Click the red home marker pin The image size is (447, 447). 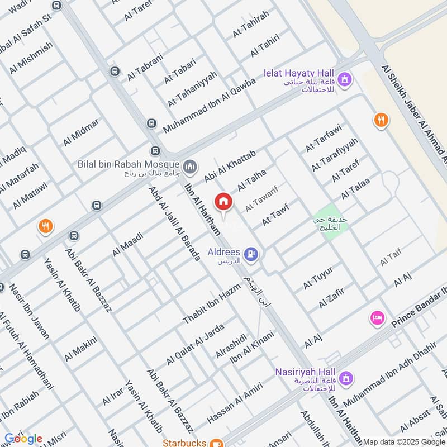click(x=223, y=202)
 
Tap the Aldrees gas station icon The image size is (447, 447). click(x=253, y=255)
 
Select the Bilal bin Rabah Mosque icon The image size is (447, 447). click(x=191, y=166)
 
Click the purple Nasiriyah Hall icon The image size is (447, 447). click(x=346, y=379)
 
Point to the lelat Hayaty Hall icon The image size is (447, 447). click(x=345, y=80)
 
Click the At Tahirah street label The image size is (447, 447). click(x=251, y=24)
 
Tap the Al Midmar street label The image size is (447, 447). click(x=81, y=132)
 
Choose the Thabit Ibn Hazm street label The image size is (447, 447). click(x=211, y=304)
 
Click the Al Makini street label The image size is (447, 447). click(x=81, y=349)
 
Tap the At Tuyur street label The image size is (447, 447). click(x=318, y=278)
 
